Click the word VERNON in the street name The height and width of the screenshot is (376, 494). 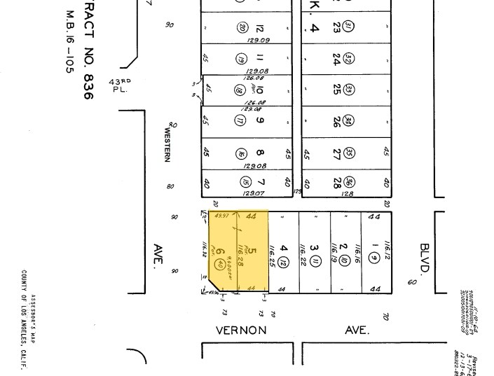pos(240,329)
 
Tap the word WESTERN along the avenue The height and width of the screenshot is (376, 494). pos(167,144)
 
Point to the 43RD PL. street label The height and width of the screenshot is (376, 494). pos(119,85)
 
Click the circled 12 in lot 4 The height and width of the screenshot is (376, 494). pos(284,263)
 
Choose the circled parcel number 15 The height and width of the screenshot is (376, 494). pos(246,183)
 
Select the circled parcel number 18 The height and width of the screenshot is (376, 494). pos(238,90)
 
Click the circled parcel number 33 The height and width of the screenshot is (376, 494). pos(349,89)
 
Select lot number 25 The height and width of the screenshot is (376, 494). pos(337,89)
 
